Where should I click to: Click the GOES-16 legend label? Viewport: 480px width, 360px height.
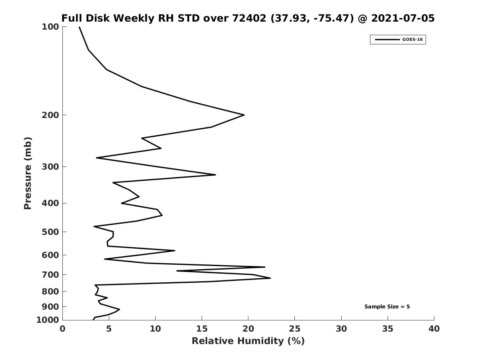point(412,40)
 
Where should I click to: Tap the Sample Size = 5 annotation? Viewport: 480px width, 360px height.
point(387,307)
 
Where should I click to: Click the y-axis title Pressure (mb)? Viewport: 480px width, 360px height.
point(28,173)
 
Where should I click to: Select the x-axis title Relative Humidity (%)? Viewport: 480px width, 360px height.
point(248,341)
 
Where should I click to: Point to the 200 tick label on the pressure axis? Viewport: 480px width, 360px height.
point(50,115)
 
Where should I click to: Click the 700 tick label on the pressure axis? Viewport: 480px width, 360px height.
point(50,274)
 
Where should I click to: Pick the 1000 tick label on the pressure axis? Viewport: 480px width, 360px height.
point(48,320)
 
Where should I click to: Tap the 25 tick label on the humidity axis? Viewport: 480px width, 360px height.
point(294,329)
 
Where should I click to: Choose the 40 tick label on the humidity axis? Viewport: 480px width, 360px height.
point(434,329)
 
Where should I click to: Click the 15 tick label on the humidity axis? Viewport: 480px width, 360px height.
point(202,329)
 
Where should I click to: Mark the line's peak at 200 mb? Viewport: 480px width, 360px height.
point(244,115)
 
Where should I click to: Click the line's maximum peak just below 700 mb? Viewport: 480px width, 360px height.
point(270,278)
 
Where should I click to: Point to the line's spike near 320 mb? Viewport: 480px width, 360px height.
point(215,175)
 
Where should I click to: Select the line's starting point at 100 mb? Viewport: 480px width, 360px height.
point(79,27)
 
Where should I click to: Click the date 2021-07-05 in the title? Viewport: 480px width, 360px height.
point(403,18)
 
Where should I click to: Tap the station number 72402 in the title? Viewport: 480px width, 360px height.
point(249,18)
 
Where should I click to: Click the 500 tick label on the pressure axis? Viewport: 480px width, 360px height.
point(50,232)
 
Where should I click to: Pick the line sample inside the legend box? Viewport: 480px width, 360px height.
point(387,40)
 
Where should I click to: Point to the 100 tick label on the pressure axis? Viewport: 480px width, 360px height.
point(50,27)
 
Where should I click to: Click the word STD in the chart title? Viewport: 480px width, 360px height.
point(188,18)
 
